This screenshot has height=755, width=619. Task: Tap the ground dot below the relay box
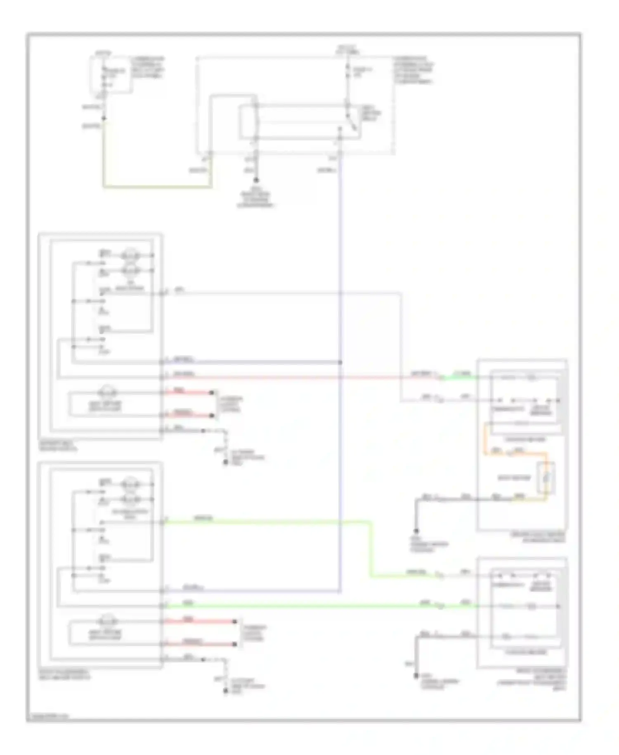[x=256, y=180]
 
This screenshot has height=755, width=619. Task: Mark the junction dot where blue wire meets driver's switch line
[x=340, y=362]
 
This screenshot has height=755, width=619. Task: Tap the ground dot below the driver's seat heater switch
[x=226, y=463]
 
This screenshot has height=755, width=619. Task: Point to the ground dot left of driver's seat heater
[x=416, y=531]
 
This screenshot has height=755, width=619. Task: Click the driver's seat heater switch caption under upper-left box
[x=58, y=444]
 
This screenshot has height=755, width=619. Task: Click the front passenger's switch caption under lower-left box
[x=64, y=674]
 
